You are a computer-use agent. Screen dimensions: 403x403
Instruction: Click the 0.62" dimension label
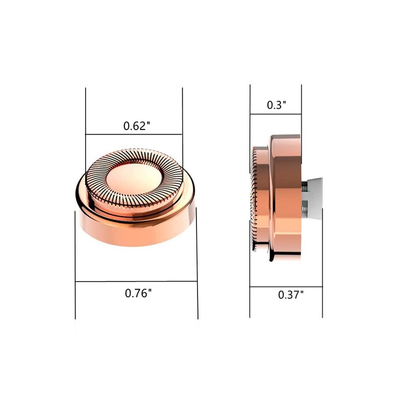pyautogui.click(x=137, y=126)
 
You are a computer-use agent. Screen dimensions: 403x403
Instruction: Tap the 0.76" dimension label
pyautogui.click(x=138, y=293)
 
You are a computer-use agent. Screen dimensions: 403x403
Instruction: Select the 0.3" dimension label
pyautogui.click(x=277, y=105)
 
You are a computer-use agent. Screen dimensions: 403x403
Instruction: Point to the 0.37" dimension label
pyautogui.click(x=291, y=295)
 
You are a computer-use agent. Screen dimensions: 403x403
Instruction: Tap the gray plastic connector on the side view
pyautogui.click(x=314, y=199)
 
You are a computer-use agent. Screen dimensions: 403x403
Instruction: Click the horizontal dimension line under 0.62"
pyautogui.click(x=134, y=134)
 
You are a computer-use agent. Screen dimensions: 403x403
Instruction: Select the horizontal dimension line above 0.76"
pyautogui.click(x=136, y=282)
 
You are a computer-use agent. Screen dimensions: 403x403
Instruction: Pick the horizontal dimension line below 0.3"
pyautogui.click(x=276, y=114)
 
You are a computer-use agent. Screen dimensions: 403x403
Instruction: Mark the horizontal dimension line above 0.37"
pyautogui.click(x=286, y=287)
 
